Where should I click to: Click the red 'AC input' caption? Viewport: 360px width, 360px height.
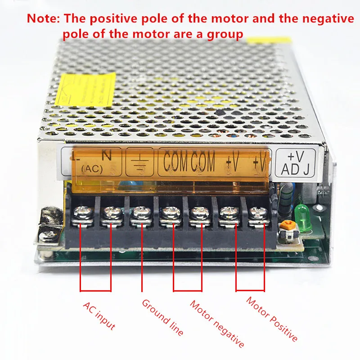tap(99, 315)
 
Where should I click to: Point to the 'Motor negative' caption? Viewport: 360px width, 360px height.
tap(216, 324)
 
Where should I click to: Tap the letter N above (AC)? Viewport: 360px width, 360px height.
tap(107, 155)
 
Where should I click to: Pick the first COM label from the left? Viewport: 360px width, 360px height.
tap(175, 162)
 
